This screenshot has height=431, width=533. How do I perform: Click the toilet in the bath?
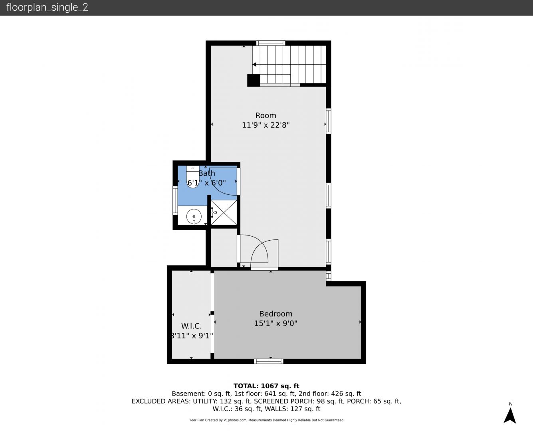pyautogui.click(x=193, y=177)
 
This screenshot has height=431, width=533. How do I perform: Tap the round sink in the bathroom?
pyautogui.click(x=194, y=216)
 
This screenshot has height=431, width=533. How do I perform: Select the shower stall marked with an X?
pyautogui.click(x=224, y=212)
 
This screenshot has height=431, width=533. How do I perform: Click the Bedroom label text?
pyautogui.click(x=275, y=314)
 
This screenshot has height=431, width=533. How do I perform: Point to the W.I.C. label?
pyautogui.click(x=191, y=326)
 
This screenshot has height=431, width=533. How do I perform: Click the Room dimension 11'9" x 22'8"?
pyautogui.click(x=266, y=125)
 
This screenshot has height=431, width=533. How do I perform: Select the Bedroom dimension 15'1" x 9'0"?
pyautogui.click(x=275, y=323)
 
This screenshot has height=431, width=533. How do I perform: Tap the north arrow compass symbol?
pyautogui.click(x=510, y=415)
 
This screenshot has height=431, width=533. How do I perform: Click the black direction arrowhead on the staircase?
pyautogui.click(x=254, y=65)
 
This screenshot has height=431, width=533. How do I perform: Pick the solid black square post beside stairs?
pyautogui.click(x=254, y=80)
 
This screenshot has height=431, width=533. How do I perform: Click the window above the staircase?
pyautogui.click(x=271, y=43)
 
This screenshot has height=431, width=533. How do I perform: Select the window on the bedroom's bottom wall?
pyautogui.click(x=269, y=361)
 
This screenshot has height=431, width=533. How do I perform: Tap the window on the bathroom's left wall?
pyautogui.click(x=175, y=200)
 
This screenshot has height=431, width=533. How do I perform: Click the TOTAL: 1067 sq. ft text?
pyautogui.click(x=266, y=386)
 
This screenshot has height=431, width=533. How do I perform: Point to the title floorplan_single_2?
pyautogui.click(x=47, y=8)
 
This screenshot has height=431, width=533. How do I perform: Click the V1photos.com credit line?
pyautogui.click(x=266, y=420)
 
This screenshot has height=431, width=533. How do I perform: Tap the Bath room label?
pyautogui.click(x=207, y=173)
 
